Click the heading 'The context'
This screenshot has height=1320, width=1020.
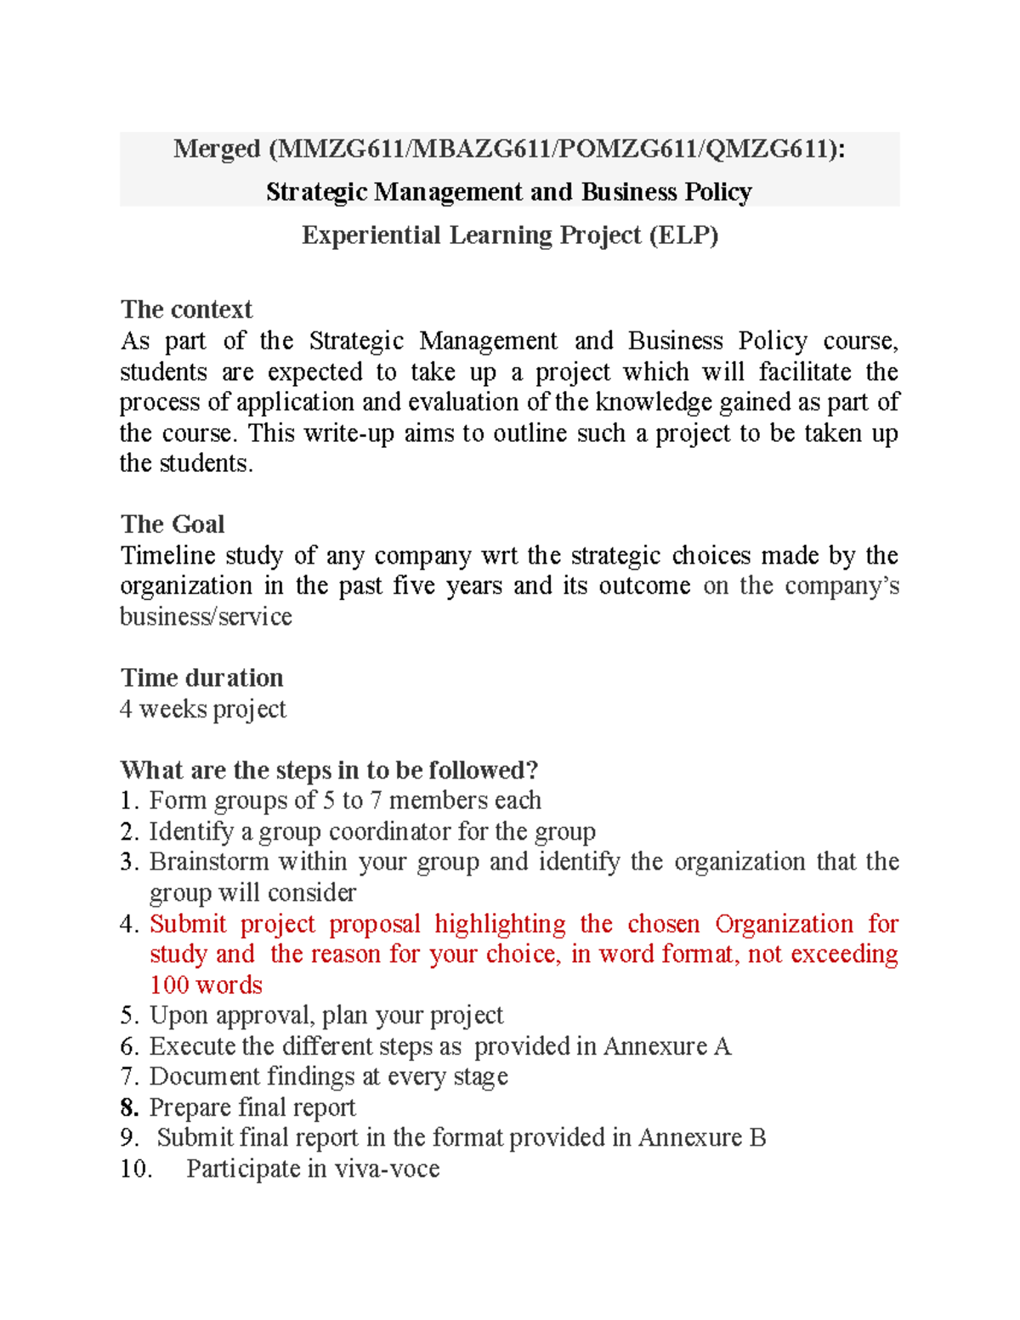pos(186,309)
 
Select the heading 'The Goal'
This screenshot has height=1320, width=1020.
pos(173,524)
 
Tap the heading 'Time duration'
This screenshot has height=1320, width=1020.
pos(201,678)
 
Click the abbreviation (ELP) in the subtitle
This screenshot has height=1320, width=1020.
pos(683,235)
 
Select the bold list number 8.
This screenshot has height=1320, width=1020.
pos(129,1108)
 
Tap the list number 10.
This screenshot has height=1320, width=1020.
pos(136,1169)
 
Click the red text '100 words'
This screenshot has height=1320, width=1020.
pos(206,985)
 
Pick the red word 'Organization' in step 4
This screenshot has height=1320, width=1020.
pos(784,924)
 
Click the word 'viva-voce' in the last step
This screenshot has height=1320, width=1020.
pos(387,1169)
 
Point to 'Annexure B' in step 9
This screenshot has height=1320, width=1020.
pos(702,1138)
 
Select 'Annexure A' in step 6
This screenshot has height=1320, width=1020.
pos(667,1046)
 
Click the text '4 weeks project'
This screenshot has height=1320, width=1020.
pos(203,709)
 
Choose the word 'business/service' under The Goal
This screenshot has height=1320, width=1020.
pos(206,617)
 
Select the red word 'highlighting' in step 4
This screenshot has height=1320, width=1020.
pos(500,924)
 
